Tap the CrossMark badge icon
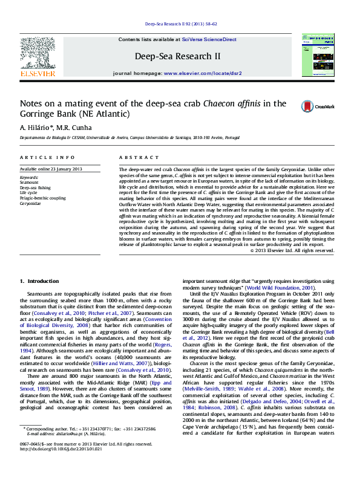coord(309,106)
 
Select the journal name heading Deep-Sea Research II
coord(177,56)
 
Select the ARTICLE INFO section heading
coord(39,157)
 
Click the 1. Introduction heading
coord(39,281)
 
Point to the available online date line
coord(51,169)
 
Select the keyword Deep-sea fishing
coord(34,187)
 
